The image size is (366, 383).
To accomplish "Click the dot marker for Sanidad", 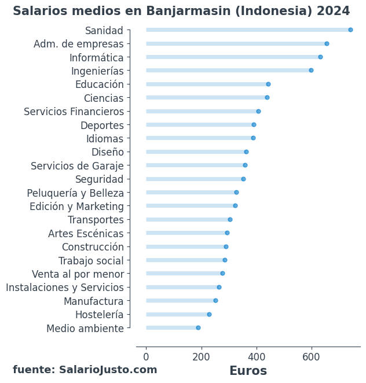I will [350, 30].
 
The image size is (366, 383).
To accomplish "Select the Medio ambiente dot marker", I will [198, 328].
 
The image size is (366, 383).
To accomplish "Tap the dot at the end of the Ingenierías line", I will [311, 71].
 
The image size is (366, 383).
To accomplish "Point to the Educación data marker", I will [268, 84].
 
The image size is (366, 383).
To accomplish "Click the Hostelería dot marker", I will [209, 315].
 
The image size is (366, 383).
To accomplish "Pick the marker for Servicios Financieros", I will [258, 112].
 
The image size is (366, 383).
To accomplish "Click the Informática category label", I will [96, 58].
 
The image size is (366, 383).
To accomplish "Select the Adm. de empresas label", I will [79, 44].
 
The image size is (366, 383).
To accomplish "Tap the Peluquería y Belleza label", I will [75, 193].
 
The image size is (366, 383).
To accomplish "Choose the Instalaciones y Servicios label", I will [65, 288].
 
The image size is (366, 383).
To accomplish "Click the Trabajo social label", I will [91, 261].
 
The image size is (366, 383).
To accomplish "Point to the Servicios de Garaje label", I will [77, 166].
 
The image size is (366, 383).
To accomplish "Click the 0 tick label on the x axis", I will [146, 357].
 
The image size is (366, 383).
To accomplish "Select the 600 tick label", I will [312, 357].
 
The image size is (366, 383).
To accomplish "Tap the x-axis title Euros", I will [248, 371].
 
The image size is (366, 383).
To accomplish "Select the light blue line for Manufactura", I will [180, 301].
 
